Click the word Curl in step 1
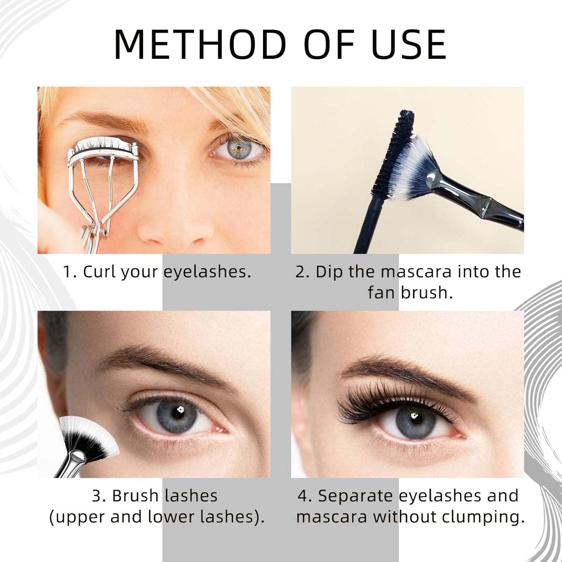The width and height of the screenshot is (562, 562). (99, 271)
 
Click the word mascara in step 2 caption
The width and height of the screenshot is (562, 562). (416, 271)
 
